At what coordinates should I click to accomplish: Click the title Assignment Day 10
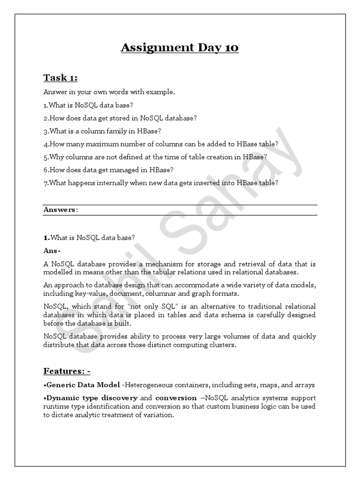point(180,48)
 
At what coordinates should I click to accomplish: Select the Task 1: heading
point(60,78)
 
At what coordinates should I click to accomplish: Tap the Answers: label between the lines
point(60,210)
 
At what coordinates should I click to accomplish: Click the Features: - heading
point(67,371)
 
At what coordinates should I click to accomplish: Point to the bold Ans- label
point(52,251)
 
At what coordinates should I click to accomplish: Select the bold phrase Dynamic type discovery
point(90,398)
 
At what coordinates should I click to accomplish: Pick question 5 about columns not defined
point(155,157)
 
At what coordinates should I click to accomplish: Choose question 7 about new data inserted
point(161,183)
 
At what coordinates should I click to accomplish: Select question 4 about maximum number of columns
point(161,144)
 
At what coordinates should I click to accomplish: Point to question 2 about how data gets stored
point(120,118)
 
